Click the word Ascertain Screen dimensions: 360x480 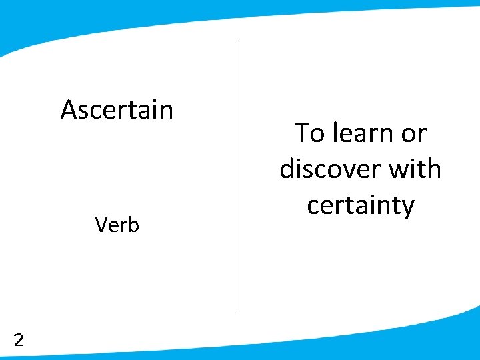(x=117, y=109)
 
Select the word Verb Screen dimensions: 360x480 (x=117, y=225)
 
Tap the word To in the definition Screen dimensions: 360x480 (x=309, y=134)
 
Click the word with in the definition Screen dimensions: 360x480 (x=415, y=169)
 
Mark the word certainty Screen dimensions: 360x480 (x=361, y=206)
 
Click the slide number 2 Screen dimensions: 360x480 (x=19, y=341)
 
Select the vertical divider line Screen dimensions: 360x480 (x=237, y=177)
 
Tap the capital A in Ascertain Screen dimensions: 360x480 (x=69, y=109)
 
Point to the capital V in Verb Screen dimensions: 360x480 (x=101, y=225)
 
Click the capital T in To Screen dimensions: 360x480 (x=301, y=134)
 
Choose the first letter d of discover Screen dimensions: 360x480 (x=287, y=169)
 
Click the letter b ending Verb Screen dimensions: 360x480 (x=134, y=225)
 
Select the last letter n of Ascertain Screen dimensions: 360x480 (x=166, y=111)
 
